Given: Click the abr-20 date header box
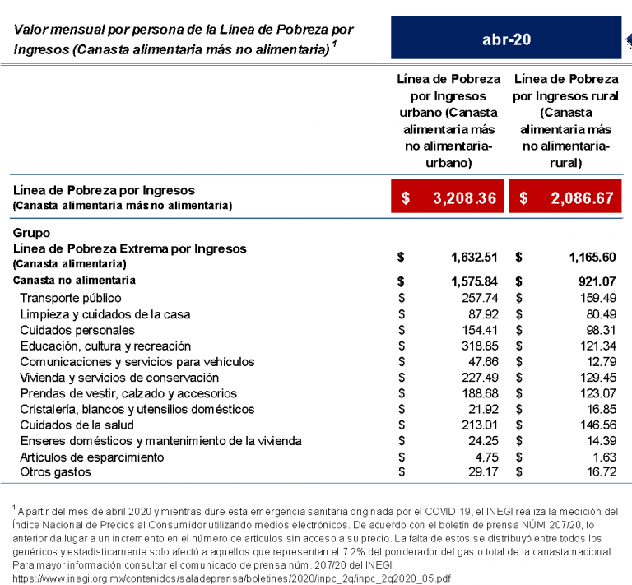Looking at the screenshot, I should pyautogui.click(x=505, y=39).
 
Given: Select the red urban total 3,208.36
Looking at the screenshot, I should pyautogui.click(x=448, y=198).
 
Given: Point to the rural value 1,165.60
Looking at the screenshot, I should pyautogui.click(x=592, y=257).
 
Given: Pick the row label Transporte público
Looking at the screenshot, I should pyautogui.click(x=71, y=298).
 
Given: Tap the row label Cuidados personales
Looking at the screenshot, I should pyautogui.click(x=73, y=330).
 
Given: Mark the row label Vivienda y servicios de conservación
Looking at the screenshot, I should pyautogui.click(x=119, y=378).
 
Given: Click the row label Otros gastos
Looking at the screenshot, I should pyautogui.click(x=55, y=472).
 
